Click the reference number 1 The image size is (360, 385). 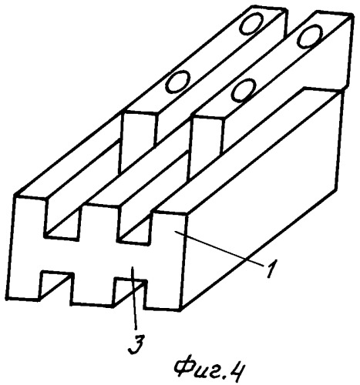click(271, 269)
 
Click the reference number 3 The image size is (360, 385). click(136, 344)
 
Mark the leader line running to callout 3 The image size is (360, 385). click(134, 298)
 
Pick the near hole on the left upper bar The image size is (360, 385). click(177, 82)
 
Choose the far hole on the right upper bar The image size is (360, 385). click(309, 36)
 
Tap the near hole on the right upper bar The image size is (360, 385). click(244, 91)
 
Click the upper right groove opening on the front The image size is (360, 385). click(133, 226)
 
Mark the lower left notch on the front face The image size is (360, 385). click(56, 286)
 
